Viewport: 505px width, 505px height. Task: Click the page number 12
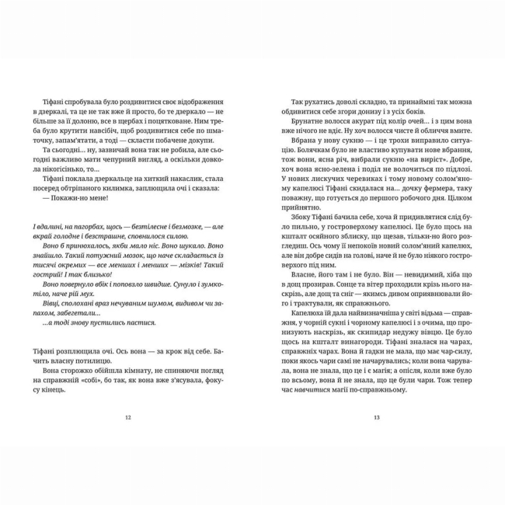coord(128,417)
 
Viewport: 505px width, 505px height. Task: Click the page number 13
coord(377,417)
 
